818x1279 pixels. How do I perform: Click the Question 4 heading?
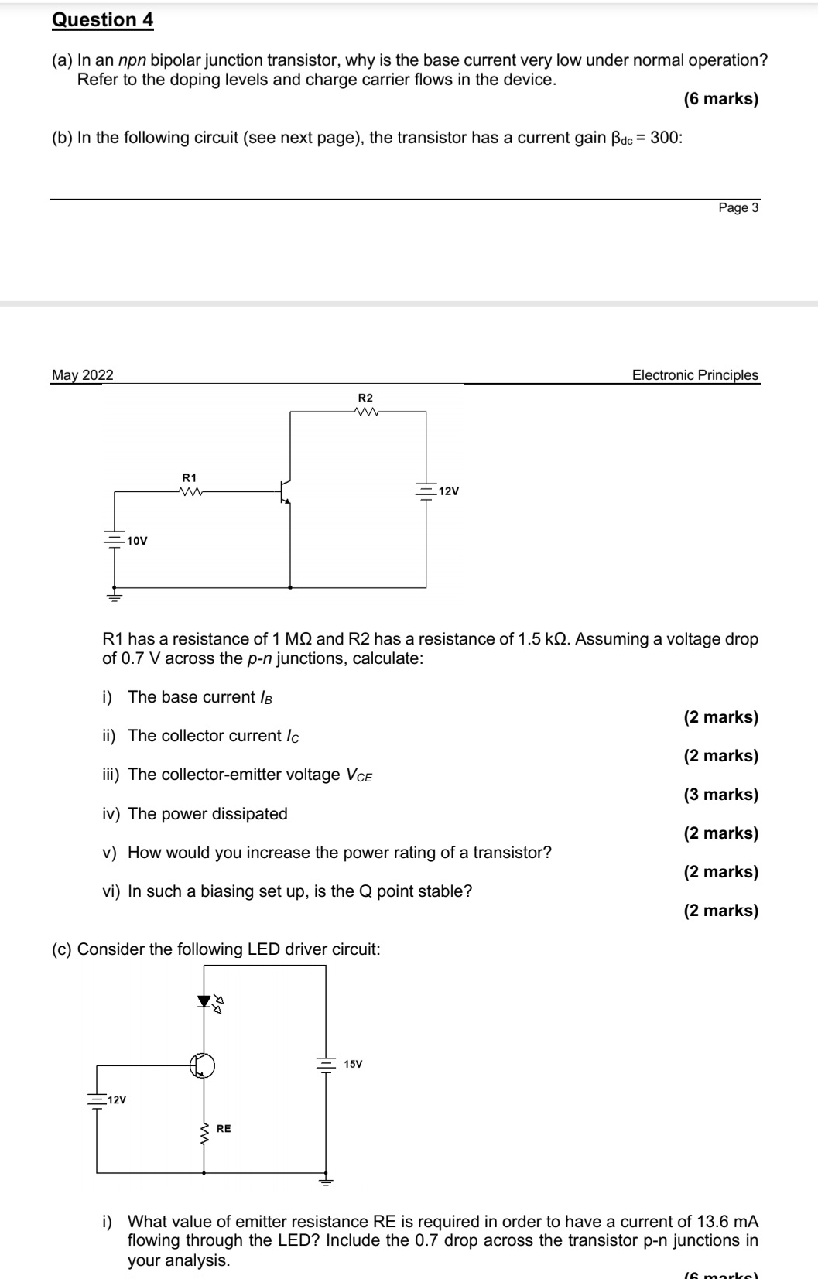[x=103, y=20]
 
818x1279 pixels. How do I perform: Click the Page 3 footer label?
[x=738, y=207]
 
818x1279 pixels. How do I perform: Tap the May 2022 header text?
[x=82, y=375]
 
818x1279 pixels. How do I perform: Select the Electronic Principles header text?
[x=695, y=375]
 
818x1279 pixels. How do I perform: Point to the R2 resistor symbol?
[x=365, y=412]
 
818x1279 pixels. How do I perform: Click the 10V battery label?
[x=137, y=541]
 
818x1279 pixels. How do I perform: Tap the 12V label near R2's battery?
[x=449, y=491]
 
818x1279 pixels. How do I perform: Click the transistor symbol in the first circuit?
[x=286, y=491]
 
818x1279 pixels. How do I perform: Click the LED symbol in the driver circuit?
[x=204, y=1001]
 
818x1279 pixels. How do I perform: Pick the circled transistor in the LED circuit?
[x=203, y=1065]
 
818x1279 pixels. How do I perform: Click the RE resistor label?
[x=224, y=1129]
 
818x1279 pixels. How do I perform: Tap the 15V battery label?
[x=353, y=1064]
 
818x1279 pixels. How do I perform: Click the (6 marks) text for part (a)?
[x=720, y=99]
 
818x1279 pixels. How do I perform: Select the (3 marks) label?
[x=720, y=795]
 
